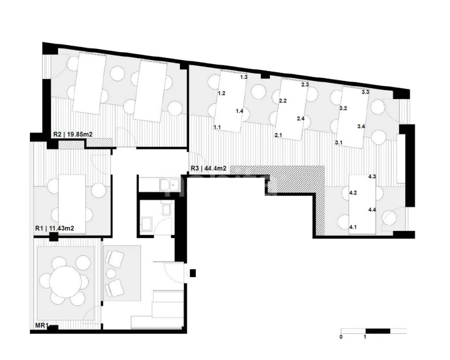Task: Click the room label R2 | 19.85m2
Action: (x=73, y=134)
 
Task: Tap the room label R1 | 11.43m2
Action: (x=54, y=228)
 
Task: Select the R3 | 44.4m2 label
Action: (x=208, y=168)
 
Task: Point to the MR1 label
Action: (x=42, y=325)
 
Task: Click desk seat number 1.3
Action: (x=243, y=77)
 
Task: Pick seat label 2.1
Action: (x=278, y=135)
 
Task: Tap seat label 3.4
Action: (x=361, y=126)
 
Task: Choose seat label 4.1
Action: (x=352, y=227)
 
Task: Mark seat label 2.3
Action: (x=305, y=84)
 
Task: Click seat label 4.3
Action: (x=372, y=176)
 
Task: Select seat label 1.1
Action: (x=217, y=127)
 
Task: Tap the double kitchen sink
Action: (x=169, y=184)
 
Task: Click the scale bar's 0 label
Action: (x=341, y=336)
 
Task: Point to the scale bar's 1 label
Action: (x=365, y=336)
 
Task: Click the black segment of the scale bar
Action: (x=377, y=331)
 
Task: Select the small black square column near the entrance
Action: (x=193, y=272)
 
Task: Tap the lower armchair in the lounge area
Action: (x=114, y=288)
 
